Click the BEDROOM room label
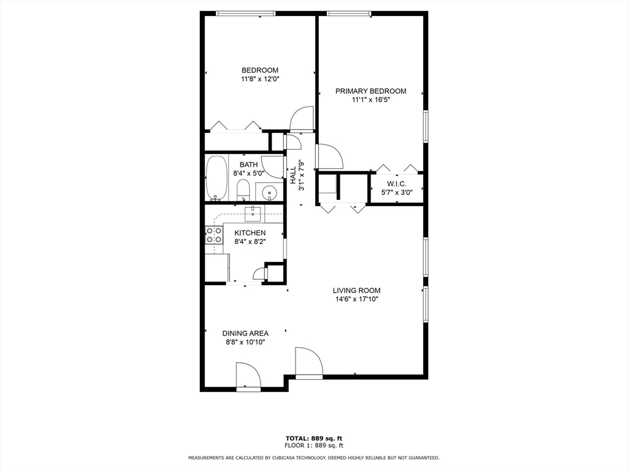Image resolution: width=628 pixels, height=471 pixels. click(259, 71)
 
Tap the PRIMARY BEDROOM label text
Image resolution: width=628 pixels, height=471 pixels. click(370, 91)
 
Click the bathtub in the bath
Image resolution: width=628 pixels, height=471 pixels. click(216, 178)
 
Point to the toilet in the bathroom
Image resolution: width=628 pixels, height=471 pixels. click(243, 190)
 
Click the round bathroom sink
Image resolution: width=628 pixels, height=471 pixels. click(269, 194)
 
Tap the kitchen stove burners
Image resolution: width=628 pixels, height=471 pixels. click(213, 235)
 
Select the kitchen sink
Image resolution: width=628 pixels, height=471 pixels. click(253, 213)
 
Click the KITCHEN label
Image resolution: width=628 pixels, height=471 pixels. click(250, 233)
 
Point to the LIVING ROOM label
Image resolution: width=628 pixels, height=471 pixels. click(356, 291)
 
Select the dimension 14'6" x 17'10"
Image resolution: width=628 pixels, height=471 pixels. click(356, 299)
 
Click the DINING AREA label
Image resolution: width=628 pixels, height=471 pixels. click(245, 334)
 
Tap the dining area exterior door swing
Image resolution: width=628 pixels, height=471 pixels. click(248, 375)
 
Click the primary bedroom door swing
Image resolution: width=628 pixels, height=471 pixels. click(329, 157)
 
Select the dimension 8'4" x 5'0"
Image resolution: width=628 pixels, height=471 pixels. click(248, 174)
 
